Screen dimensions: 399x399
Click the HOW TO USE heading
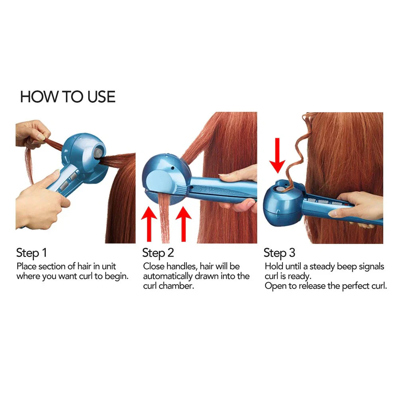pyautogui.click(x=68, y=97)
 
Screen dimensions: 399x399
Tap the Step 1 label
pyautogui.click(x=32, y=253)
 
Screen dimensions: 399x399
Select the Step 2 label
pyautogui.click(x=158, y=253)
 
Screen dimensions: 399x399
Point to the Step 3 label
pyautogui.click(x=280, y=253)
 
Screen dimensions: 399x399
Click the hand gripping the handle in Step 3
pyautogui.click(x=359, y=207)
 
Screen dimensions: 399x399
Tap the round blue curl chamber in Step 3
pyautogui.click(x=281, y=201)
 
